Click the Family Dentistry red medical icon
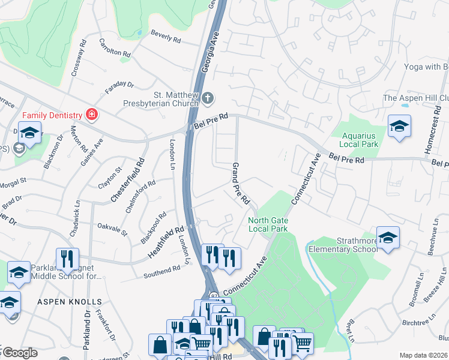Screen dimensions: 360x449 (91, 113)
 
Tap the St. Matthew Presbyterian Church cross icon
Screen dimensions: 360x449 (207, 97)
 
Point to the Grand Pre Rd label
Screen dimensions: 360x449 (241, 182)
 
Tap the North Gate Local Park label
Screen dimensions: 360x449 (268, 225)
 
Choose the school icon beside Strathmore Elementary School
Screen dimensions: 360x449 (388, 238)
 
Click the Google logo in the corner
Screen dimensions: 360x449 (20, 353)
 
